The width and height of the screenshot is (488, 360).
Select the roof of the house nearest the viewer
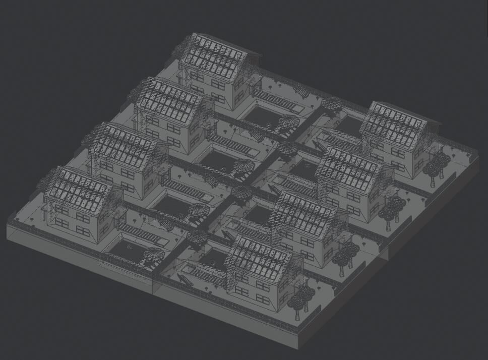coord(258,260)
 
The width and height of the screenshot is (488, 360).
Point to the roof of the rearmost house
coord(214,56)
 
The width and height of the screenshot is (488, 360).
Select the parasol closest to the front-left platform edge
coord(154,255)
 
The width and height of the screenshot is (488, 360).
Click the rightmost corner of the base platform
coord(477,157)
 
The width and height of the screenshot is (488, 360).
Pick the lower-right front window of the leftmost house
coord(83,230)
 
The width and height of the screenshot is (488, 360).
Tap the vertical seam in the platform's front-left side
coord(153,285)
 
